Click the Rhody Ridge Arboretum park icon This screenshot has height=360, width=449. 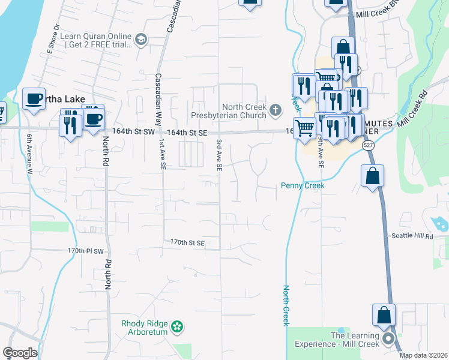tap(176, 326)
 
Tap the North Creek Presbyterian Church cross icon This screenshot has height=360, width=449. tap(275, 109)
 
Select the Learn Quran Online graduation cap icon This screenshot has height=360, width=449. tap(141, 40)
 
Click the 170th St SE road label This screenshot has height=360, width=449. tap(187, 243)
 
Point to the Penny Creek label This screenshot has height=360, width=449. tap(303, 186)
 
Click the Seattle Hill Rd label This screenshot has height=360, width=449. tap(412, 236)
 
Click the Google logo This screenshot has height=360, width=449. tap(20, 353)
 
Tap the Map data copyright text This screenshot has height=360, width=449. tap(424, 355)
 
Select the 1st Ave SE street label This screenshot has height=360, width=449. tap(162, 154)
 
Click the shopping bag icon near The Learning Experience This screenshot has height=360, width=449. tap(384, 316)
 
